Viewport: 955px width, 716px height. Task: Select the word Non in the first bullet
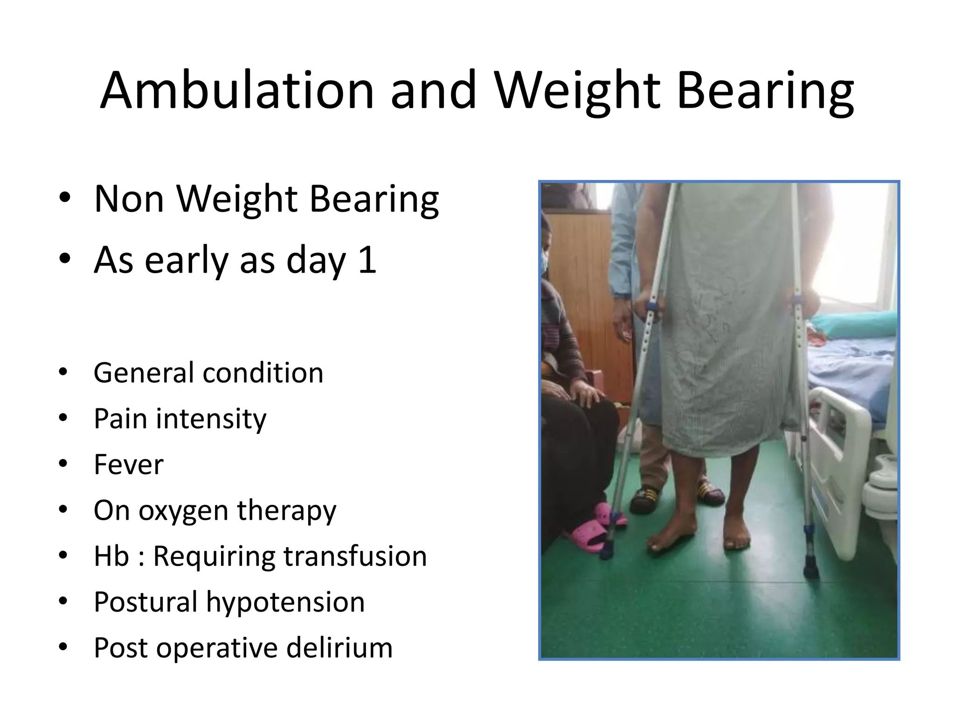[x=129, y=199]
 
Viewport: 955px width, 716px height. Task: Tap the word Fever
[x=129, y=464]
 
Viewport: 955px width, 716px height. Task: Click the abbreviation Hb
[x=111, y=556]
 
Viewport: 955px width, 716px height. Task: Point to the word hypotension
[x=285, y=602]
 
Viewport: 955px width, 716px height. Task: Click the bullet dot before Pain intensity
[x=64, y=418]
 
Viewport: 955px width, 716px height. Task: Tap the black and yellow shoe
[x=646, y=499]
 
